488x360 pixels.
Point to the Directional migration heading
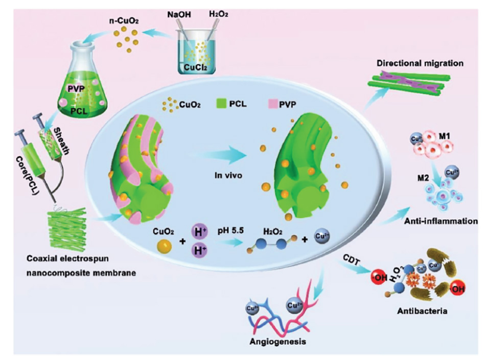point(420,63)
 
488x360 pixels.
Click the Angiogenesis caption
point(282,342)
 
